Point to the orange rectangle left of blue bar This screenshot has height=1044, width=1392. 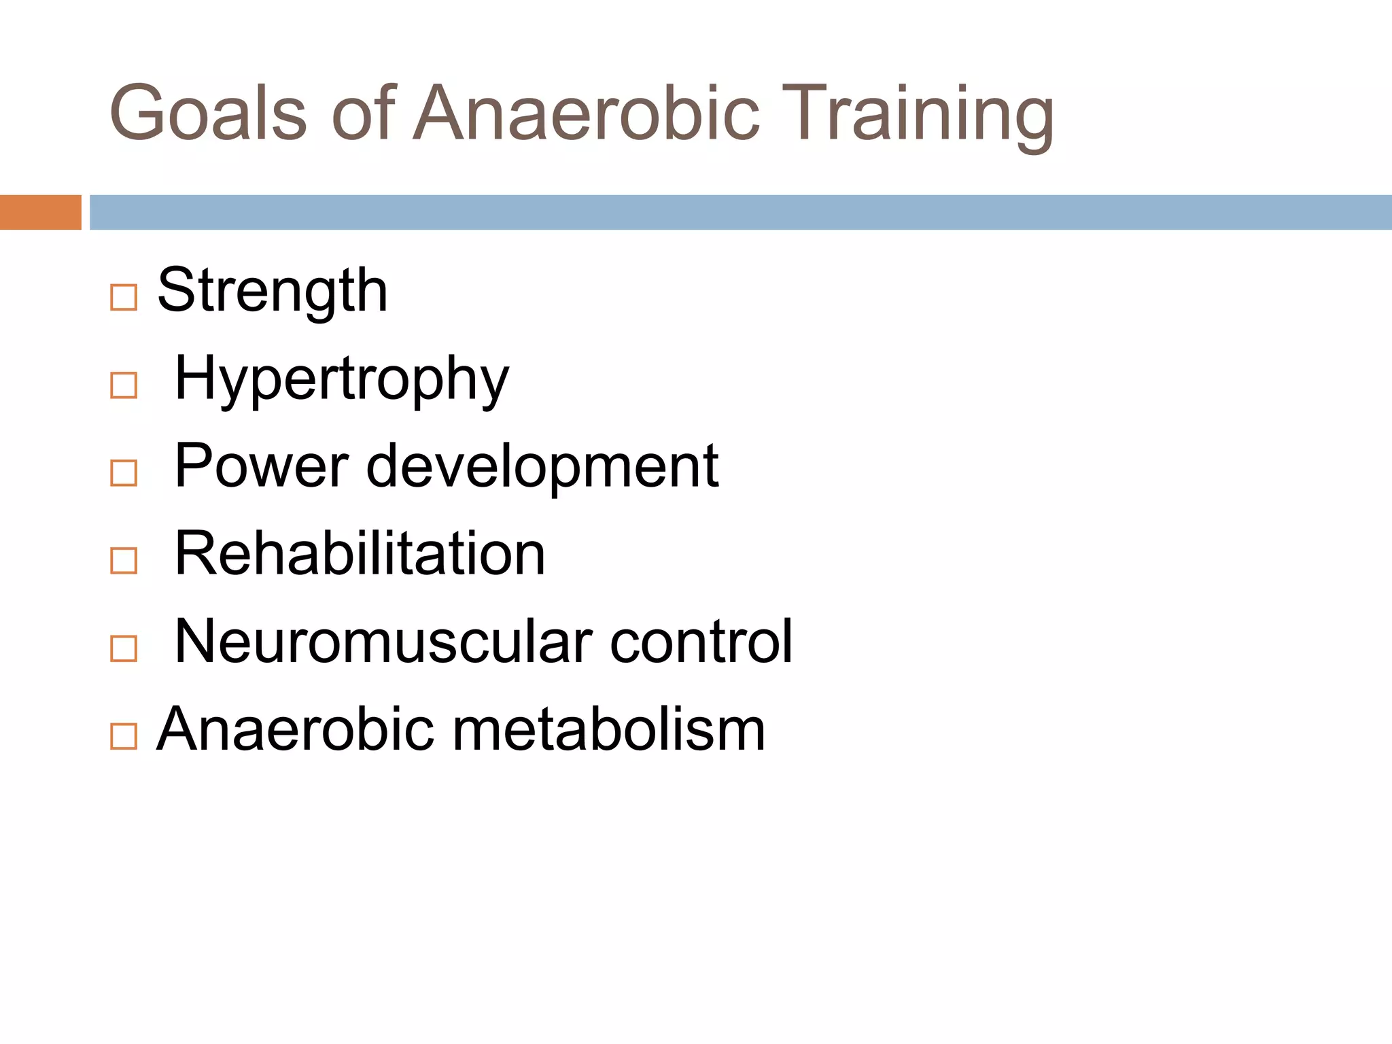pyautogui.click(x=40, y=212)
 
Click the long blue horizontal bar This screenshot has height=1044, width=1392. pyautogui.click(x=740, y=212)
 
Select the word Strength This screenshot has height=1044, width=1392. pyautogui.click(x=272, y=291)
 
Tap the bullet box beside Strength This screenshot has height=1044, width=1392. pyautogui.click(x=124, y=298)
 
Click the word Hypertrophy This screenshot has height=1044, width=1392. pyautogui.click(x=341, y=379)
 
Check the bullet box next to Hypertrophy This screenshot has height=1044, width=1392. pyautogui.click(x=124, y=385)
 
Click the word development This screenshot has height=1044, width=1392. pyautogui.click(x=542, y=467)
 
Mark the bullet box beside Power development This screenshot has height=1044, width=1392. pyautogui.click(x=124, y=473)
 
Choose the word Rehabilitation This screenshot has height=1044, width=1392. pyautogui.click(x=360, y=553)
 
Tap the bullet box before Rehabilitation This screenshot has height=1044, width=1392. pyautogui.click(x=124, y=561)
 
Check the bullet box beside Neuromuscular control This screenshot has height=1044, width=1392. pyautogui.click(x=124, y=648)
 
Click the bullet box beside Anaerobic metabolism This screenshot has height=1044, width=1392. pyautogui.click(x=124, y=736)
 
